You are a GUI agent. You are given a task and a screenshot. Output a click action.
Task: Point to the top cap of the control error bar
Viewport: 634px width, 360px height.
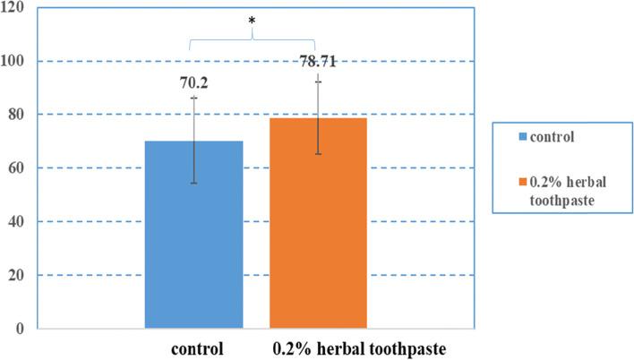194,97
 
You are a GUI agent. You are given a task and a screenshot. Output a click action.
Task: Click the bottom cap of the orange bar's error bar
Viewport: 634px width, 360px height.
318,154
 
